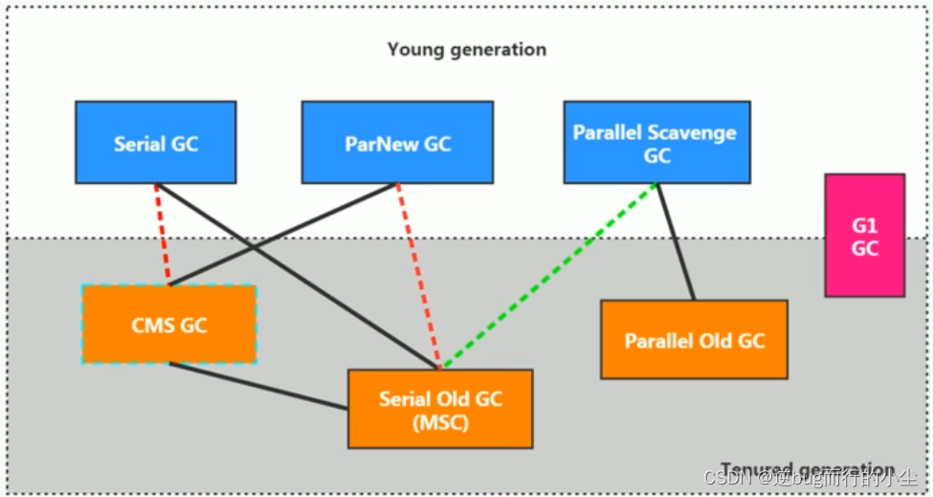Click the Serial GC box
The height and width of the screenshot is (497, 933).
click(x=155, y=143)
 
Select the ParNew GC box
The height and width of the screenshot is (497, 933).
click(x=397, y=143)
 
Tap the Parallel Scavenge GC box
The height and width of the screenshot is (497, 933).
click(x=656, y=143)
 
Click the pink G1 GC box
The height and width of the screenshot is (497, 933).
click(x=864, y=236)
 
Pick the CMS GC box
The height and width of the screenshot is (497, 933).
click(x=168, y=324)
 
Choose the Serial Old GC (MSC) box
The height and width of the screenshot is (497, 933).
click(x=440, y=409)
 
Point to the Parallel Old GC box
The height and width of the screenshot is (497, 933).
click(x=694, y=339)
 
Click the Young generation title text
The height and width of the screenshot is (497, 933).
click(x=466, y=49)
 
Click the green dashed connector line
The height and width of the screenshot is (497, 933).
click(x=550, y=276)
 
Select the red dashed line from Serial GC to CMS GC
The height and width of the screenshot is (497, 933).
click(x=163, y=234)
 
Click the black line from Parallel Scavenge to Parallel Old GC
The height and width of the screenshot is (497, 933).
click(x=676, y=241)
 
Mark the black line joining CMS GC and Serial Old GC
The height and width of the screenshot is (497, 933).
click(x=258, y=386)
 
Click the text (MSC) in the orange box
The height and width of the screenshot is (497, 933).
click(x=440, y=421)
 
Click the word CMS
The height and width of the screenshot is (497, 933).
click(x=153, y=325)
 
